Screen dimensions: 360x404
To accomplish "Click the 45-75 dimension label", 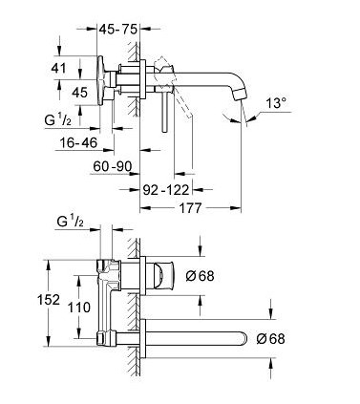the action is [x=117, y=30].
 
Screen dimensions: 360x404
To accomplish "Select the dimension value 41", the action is [x=58, y=68].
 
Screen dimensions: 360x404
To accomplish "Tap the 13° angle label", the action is [x=276, y=103].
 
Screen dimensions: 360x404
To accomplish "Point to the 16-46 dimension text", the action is [x=78, y=142].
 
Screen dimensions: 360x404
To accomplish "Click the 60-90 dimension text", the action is [x=113, y=166].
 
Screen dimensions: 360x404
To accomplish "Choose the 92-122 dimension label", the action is [x=166, y=190].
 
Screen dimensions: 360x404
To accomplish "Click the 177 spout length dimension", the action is [x=190, y=208].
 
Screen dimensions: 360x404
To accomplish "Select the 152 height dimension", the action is [x=49, y=300].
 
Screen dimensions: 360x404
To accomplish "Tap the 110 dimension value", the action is [x=79, y=308].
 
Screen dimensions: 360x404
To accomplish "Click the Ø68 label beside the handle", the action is [x=200, y=276].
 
